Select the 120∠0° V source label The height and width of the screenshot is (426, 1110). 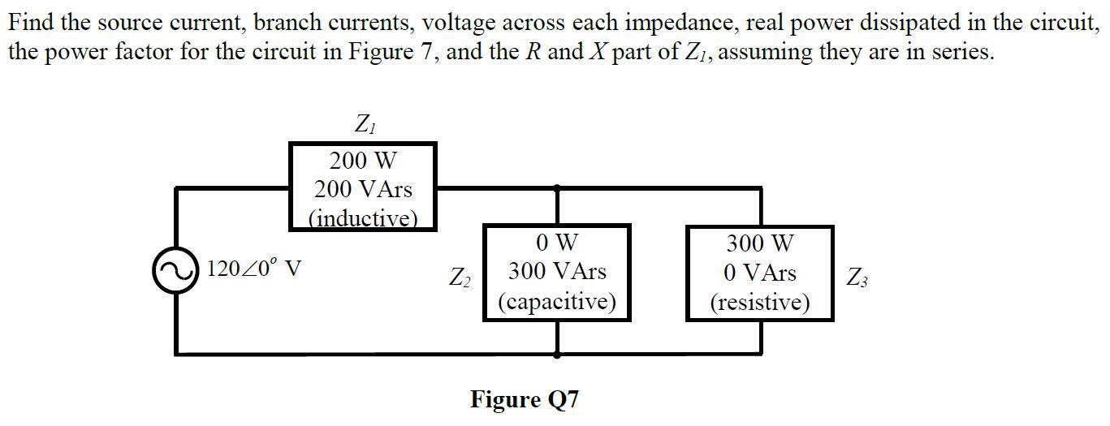pos(255,269)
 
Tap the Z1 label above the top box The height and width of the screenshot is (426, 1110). pos(364,125)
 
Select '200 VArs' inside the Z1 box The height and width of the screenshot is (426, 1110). pos(363,190)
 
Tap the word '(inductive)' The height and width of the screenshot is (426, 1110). pos(363,217)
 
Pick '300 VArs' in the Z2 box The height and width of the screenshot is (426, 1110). pos(556,271)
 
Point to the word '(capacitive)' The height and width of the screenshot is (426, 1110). pos(556,302)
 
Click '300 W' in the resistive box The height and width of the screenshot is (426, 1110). pos(760,243)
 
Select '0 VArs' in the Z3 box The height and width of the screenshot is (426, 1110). pos(760,272)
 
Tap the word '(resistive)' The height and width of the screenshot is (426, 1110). pos(760,303)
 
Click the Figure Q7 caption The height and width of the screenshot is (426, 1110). pos(525,399)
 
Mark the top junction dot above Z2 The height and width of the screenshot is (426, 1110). pos(556,188)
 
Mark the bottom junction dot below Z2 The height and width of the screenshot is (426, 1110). pos(556,355)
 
